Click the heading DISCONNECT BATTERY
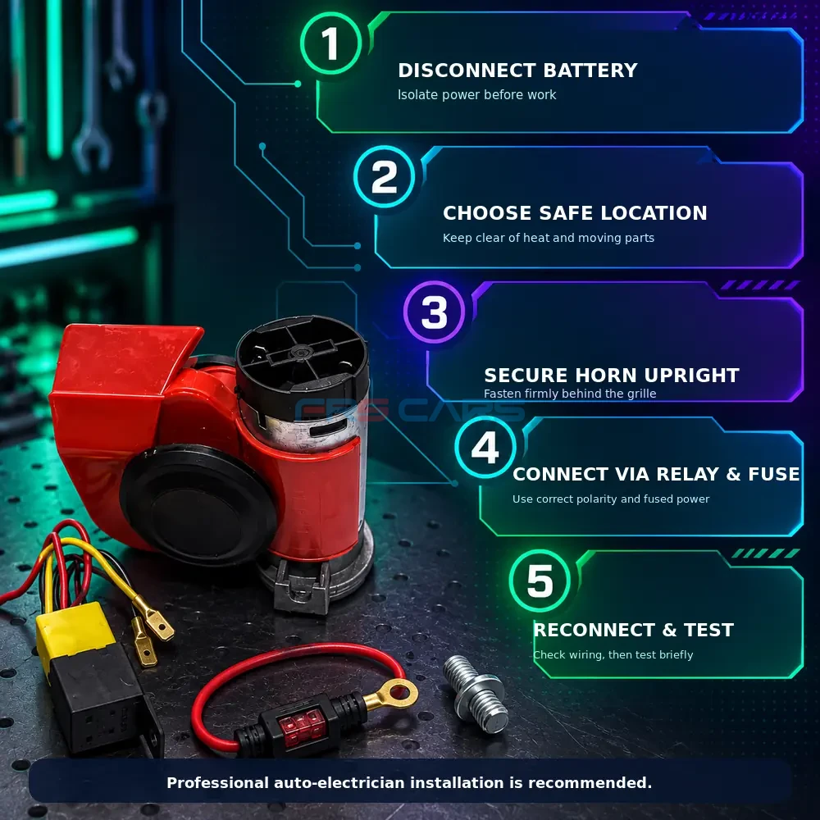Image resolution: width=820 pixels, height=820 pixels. click(517, 70)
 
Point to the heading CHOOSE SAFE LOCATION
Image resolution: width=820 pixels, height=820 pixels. click(575, 213)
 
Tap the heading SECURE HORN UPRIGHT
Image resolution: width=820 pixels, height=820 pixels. click(612, 375)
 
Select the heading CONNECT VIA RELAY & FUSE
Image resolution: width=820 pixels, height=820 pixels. click(656, 474)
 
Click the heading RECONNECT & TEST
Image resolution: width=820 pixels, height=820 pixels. click(633, 630)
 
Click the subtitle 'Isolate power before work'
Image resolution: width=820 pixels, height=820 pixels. click(476, 94)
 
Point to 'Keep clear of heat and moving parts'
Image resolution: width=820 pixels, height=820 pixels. click(548, 238)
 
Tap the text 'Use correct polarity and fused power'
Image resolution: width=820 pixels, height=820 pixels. click(611, 499)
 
